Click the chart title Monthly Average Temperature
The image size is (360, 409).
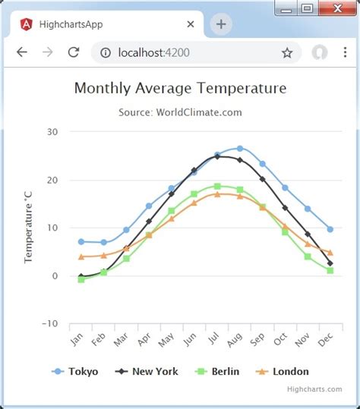(180, 88)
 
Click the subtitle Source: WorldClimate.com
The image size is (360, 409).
(180, 112)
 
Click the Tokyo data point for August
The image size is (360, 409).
(240, 148)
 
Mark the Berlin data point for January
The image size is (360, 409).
(81, 279)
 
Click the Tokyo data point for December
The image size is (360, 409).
(330, 229)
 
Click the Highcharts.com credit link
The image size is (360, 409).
(314, 389)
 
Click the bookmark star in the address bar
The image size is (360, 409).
(287, 52)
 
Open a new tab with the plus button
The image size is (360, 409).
(221, 24)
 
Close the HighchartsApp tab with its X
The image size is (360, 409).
(190, 24)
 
